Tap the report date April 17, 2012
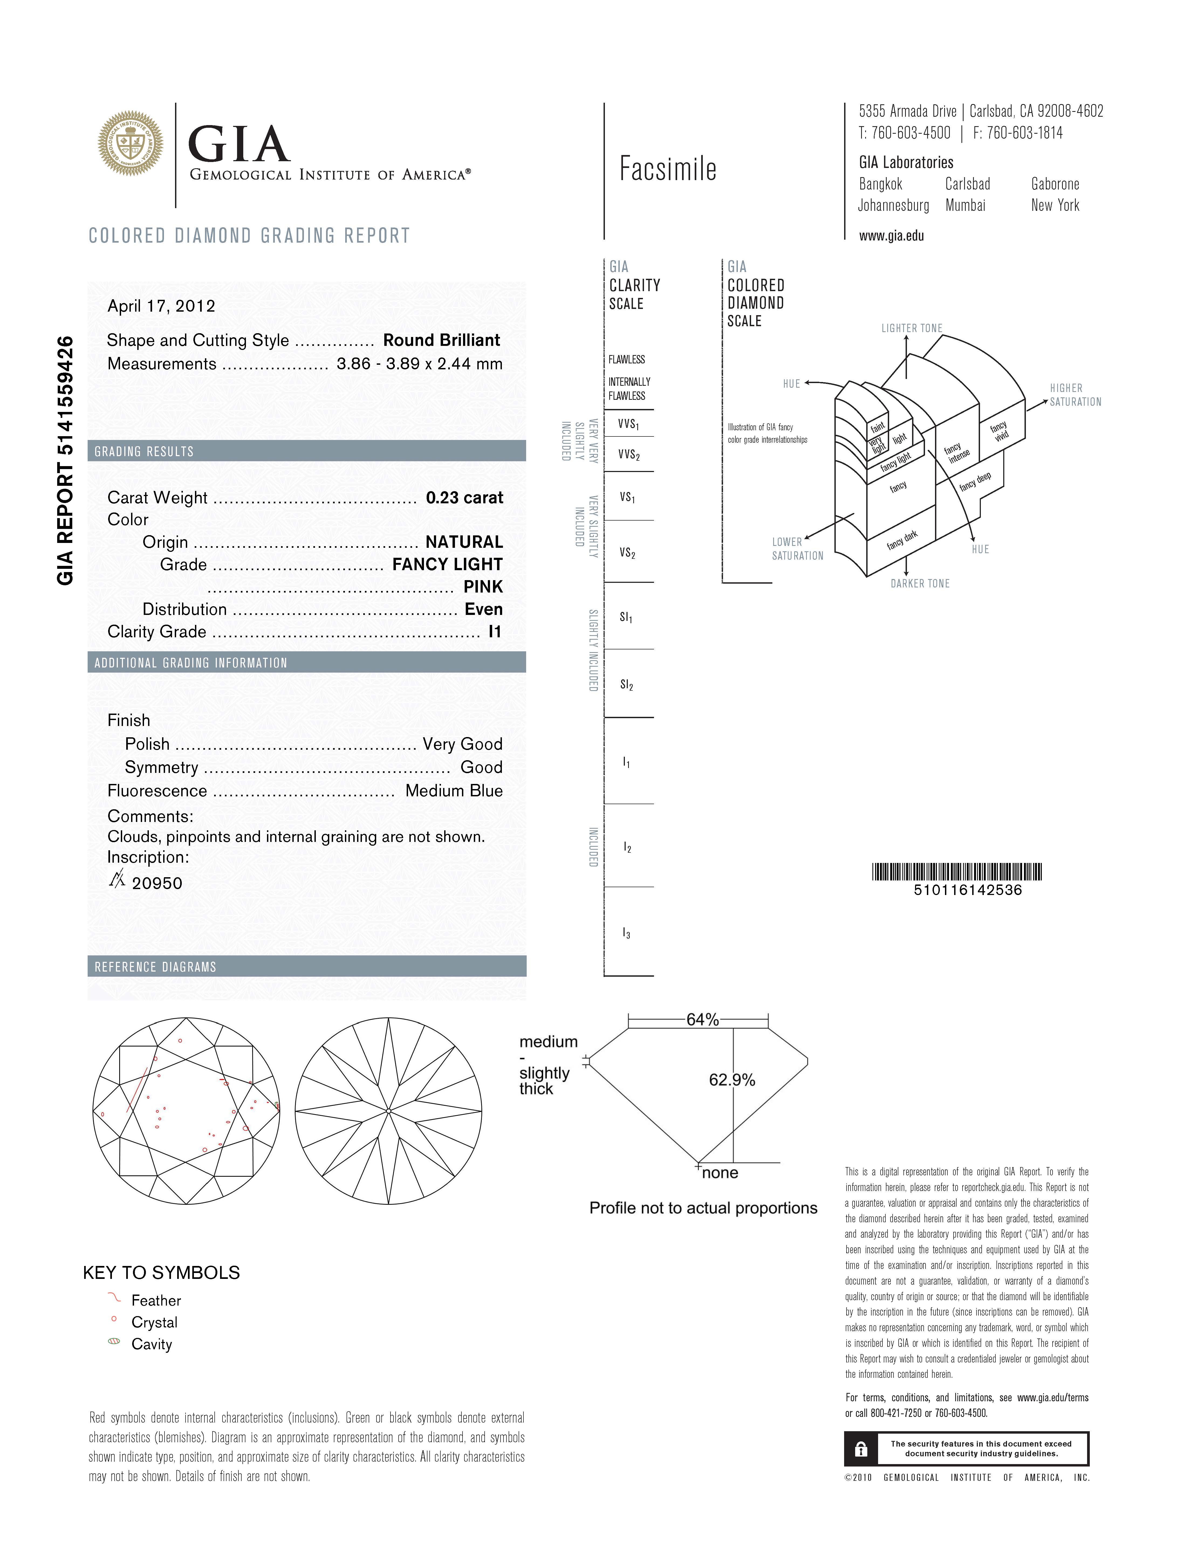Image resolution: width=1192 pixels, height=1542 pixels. click(x=161, y=306)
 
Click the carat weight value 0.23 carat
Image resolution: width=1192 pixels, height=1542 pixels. click(x=464, y=498)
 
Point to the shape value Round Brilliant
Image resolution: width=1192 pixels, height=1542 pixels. click(x=441, y=340)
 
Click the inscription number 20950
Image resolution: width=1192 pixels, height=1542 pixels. click(x=157, y=883)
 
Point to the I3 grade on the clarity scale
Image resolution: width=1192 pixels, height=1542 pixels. click(x=626, y=933)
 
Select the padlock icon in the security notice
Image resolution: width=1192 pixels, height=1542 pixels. click(x=860, y=1450)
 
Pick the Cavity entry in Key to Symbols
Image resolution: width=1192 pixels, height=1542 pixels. click(x=151, y=1344)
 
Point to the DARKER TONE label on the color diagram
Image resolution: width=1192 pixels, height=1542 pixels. click(x=919, y=583)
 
